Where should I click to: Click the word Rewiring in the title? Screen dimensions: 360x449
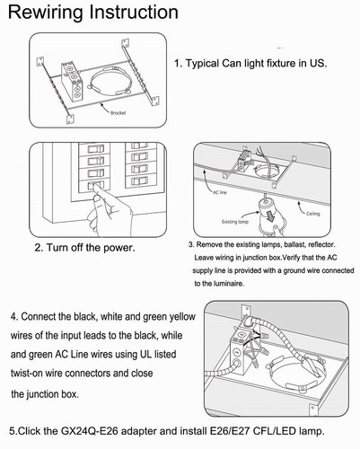click(x=46, y=13)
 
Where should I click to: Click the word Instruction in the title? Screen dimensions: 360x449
click(x=134, y=12)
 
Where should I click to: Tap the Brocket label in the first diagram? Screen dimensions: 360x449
click(x=118, y=113)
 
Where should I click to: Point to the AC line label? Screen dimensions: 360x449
click(x=220, y=192)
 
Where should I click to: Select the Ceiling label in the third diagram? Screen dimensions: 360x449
click(x=313, y=214)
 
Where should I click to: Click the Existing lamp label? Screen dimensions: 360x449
click(x=235, y=222)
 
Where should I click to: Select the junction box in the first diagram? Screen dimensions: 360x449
click(x=72, y=82)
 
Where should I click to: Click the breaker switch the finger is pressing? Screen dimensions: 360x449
click(x=95, y=185)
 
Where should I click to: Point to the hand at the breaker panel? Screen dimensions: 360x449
click(x=110, y=209)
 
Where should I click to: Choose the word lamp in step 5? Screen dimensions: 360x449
click(x=312, y=432)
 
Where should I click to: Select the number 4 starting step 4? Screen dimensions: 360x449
click(x=13, y=317)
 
